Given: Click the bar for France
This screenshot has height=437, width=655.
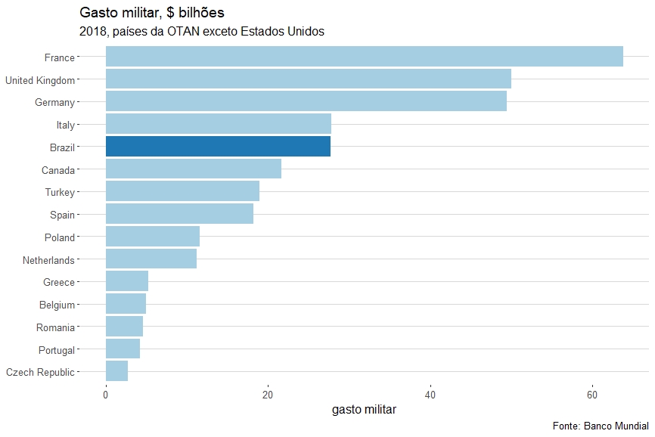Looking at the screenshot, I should [364, 57].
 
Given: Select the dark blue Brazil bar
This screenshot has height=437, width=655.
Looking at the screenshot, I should [218, 147].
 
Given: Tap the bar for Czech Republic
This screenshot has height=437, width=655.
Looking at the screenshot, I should [116, 371].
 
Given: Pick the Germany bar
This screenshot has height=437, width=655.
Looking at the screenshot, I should [306, 101].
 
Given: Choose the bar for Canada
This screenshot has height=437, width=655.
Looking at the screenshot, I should [193, 169].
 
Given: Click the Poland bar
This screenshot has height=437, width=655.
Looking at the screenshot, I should [152, 237].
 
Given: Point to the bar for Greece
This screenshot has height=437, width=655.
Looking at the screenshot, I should [126, 281].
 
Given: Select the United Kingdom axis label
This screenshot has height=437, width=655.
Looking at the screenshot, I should [40, 80].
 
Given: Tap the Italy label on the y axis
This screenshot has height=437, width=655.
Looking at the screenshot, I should [65, 125].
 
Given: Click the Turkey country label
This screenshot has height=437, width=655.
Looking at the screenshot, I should [60, 192].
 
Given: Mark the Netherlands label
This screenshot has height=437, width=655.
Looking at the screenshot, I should [49, 260].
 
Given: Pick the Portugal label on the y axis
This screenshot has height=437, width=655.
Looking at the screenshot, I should [57, 350].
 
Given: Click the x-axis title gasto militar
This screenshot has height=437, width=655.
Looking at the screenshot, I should [364, 410].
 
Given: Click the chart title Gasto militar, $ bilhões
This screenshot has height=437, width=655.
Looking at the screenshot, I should [151, 14].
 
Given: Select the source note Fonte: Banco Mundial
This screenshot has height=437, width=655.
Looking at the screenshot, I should [601, 426].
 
